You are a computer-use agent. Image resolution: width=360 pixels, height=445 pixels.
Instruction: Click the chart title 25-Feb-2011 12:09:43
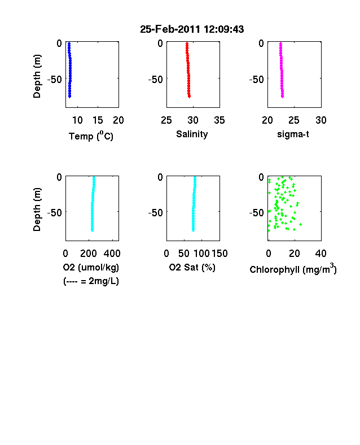[192, 29]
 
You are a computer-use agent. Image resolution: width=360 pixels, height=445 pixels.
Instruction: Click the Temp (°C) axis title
[91, 136]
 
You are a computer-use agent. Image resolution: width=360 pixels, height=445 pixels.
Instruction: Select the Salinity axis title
[192, 134]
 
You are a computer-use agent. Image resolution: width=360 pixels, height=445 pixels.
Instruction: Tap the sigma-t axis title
[293, 134]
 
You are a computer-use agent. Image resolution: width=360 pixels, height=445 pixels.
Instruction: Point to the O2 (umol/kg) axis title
[91, 267]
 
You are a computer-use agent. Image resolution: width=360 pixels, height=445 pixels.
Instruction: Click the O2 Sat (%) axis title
[192, 267]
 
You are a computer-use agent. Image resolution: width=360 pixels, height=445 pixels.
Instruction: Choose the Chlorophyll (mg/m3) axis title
[293, 268]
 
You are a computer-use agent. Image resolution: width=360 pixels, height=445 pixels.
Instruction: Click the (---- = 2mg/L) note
[91, 281]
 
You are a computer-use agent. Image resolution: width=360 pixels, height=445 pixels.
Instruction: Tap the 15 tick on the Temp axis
[98, 120]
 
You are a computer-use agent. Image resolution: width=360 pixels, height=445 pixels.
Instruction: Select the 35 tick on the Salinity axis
[219, 120]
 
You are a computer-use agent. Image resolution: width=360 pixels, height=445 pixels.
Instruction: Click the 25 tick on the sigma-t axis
[294, 120]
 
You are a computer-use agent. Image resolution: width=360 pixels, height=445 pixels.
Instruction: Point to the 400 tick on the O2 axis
[112, 254]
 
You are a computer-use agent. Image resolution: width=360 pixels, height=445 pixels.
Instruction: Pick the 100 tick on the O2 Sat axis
[202, 254]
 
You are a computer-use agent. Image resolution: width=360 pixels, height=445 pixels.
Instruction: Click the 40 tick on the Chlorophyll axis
[321, 254]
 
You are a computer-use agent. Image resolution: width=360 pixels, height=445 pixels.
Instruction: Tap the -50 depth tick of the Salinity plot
[156, 80]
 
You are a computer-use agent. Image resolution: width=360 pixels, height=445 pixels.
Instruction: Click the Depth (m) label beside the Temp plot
[37, 76]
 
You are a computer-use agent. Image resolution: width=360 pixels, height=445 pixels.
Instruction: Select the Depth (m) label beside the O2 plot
[37, 210]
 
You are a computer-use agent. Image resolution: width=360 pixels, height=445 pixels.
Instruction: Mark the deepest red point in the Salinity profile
[190, 97]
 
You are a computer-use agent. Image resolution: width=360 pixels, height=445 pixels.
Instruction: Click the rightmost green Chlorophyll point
[301, 225]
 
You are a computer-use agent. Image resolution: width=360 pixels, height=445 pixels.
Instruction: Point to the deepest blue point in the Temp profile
[69, 97]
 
